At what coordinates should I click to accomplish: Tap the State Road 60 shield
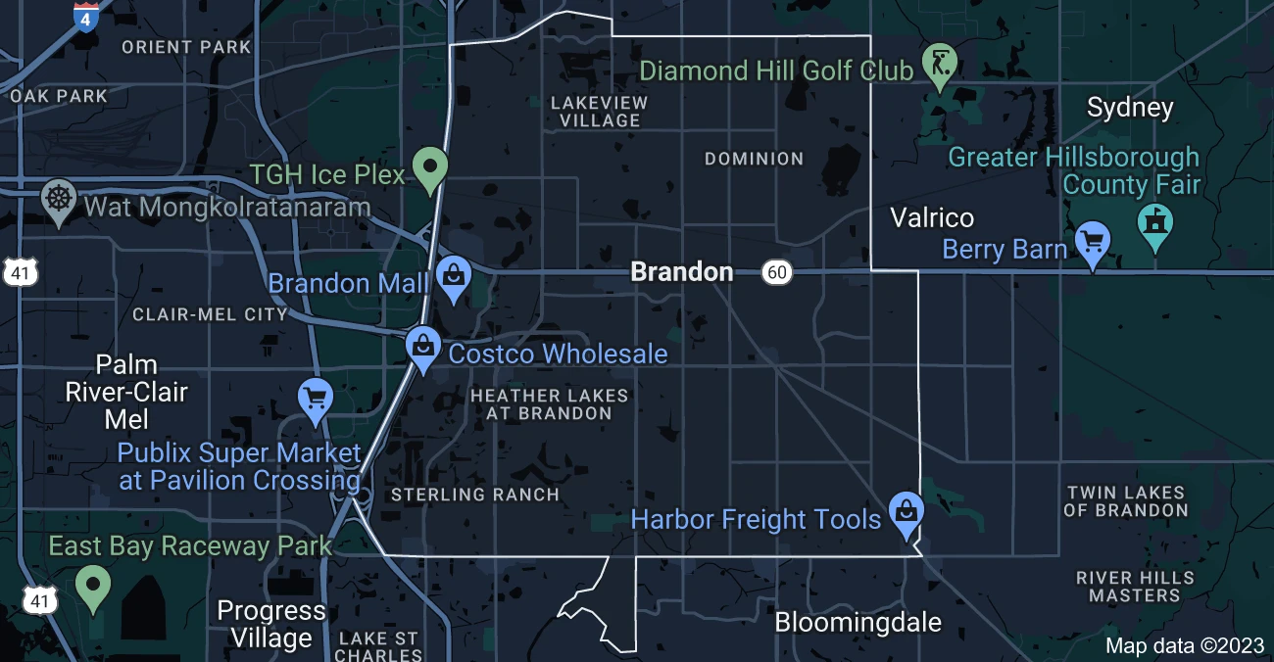[777, 272]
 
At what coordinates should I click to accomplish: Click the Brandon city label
[681, 271]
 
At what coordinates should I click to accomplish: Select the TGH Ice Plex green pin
[429, 168]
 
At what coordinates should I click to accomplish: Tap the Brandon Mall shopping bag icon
[453, 277]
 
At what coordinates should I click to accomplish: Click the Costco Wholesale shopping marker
[422, 348]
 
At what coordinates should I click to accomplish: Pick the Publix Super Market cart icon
[316, 400]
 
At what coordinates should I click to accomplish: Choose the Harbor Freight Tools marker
[906, 513]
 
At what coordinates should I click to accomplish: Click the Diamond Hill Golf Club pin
[940, 65]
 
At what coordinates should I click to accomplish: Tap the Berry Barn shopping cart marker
[1093, 241]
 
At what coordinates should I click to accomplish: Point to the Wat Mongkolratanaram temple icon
[60, 199]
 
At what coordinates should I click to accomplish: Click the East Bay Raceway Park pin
[93, 587]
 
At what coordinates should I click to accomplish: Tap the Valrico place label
[931, 217]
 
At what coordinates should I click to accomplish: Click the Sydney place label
[1130, 108]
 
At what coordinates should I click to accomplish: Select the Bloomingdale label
[857, 622]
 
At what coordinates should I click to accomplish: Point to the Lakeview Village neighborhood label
[599, 112]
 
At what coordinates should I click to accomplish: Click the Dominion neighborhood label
[754, 159]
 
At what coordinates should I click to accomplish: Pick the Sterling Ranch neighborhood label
[475, 495]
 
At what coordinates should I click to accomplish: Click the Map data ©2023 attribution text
[1185, 645]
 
